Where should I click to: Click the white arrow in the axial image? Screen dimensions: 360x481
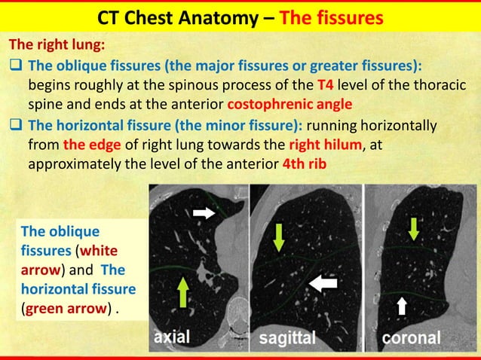point(204,214)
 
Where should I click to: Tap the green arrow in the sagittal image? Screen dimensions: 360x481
point(279,236)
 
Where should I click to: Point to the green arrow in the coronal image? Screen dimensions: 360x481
point(412,227)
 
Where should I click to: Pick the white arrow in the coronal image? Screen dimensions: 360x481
point(402,304)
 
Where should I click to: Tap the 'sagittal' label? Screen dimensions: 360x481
point(287,338)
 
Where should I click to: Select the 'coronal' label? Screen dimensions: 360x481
point(411,338)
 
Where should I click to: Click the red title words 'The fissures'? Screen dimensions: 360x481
point(331,17)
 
